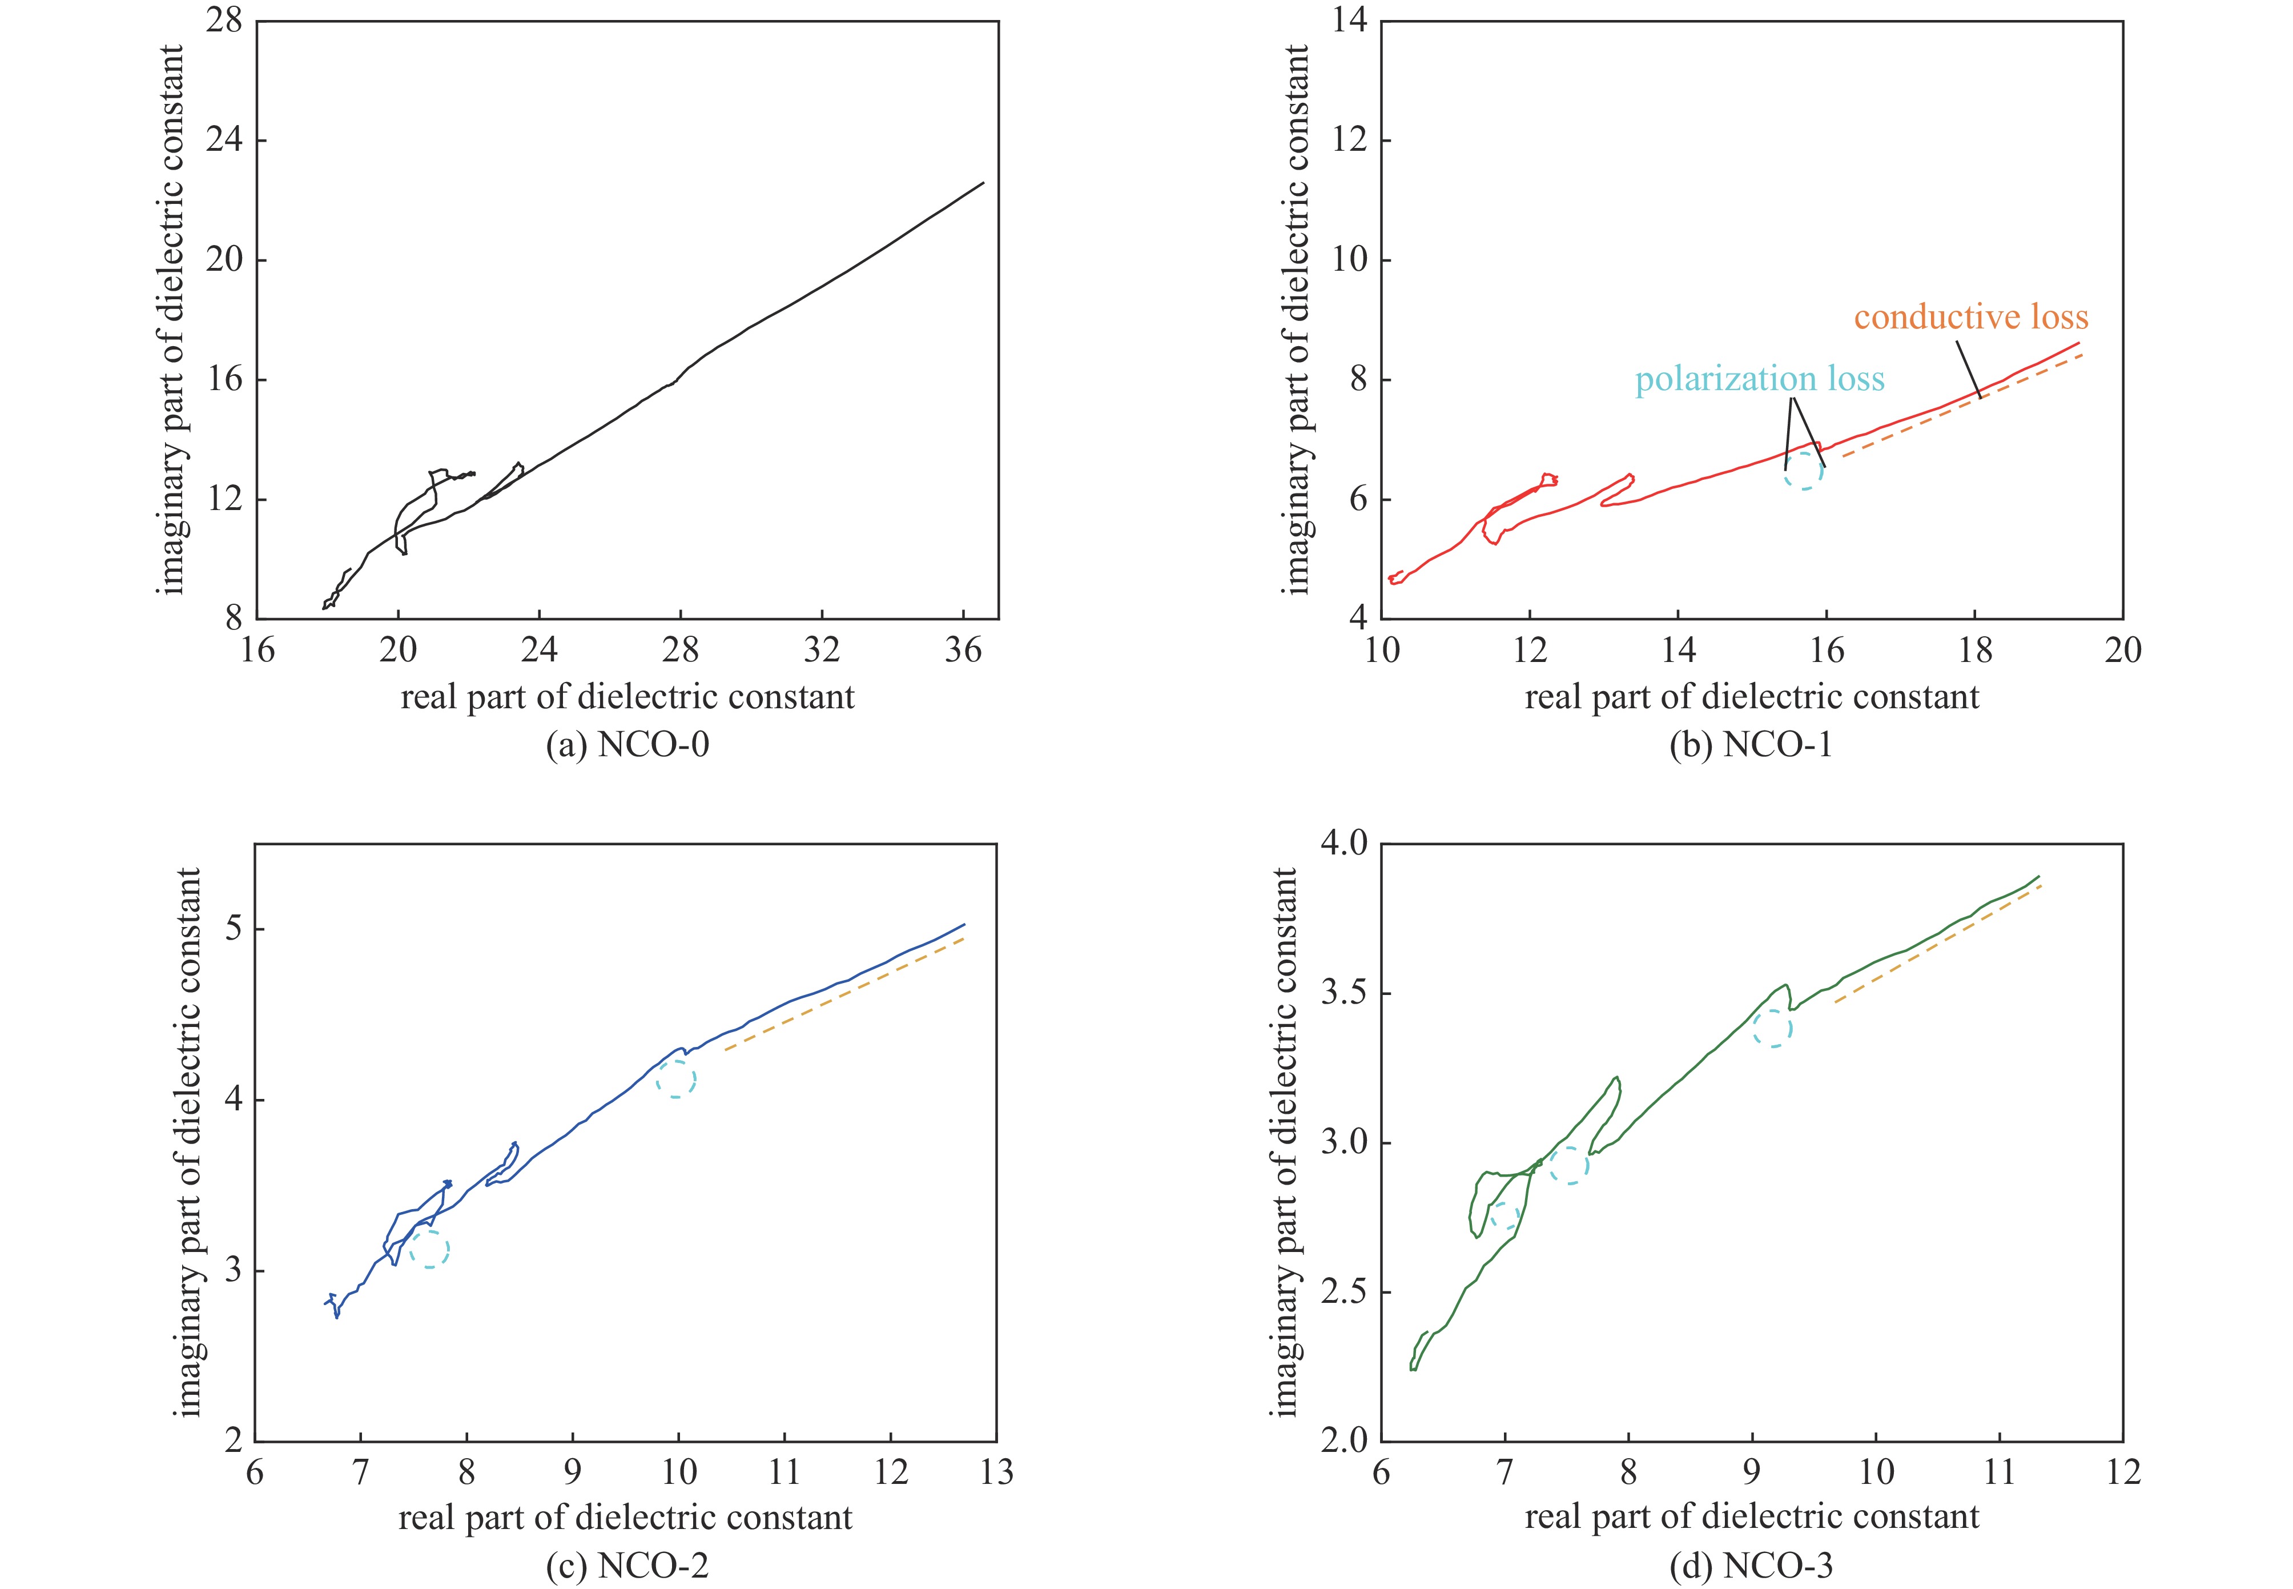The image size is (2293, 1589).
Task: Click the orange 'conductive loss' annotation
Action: click(x=1970, y=318)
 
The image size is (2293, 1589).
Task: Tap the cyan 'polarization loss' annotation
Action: click(x=1759, y=379)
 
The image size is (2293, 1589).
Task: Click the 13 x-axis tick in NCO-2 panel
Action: click(x=995, y=1471)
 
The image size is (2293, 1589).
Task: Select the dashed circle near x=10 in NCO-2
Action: click(x=676, y=1078)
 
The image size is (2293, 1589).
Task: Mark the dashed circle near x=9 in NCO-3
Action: click(x=1772, y=1028)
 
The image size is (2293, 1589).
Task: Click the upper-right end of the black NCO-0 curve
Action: click(x=982, y=183)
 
